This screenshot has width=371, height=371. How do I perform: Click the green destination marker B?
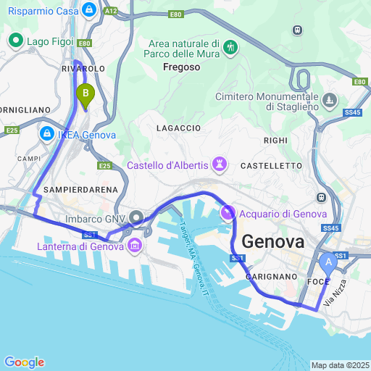[86, 94]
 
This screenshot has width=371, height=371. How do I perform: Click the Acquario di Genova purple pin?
[228, 213]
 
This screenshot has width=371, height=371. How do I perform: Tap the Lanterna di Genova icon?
[134, 248]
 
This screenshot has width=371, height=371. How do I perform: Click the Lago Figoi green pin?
[15, 42]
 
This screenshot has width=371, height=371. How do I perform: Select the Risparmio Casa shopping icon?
[89, 9]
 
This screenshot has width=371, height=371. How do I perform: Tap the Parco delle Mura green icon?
[230, 48]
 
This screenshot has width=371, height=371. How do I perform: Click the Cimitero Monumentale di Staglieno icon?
[330, 99]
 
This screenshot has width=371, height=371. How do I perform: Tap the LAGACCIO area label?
[178, 128]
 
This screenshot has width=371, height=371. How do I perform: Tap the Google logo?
[24, 362]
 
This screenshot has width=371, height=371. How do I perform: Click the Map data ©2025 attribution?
[340, 364]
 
